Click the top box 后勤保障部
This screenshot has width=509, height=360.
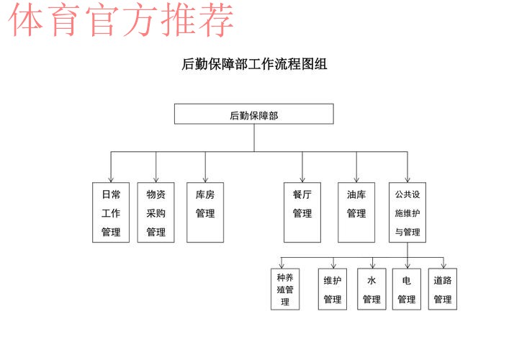(x=254, y=114)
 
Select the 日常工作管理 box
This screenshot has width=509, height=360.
(x=111, y=212)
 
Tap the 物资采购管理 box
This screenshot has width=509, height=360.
(x=156, y=212)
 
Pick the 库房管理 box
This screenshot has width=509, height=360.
(x=205, y=212)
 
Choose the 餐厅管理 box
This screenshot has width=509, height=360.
(x=302, y=212)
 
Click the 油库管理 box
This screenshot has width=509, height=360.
(x=356, y=212)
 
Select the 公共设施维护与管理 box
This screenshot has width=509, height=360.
(x=407, y=212)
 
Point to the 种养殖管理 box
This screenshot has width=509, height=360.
(x=285, y=289)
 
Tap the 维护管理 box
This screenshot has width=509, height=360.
(x=333, y=289)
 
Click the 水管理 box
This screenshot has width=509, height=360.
(x=371, y=289)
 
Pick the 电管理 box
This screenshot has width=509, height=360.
(x=407, y=289)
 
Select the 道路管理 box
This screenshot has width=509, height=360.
(x=443, y=289)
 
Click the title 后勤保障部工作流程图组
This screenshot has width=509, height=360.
(x=254, y=64)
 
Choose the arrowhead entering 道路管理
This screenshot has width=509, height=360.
(x=443, y=266)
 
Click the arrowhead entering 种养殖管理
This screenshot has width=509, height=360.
(x=281, y=266)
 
